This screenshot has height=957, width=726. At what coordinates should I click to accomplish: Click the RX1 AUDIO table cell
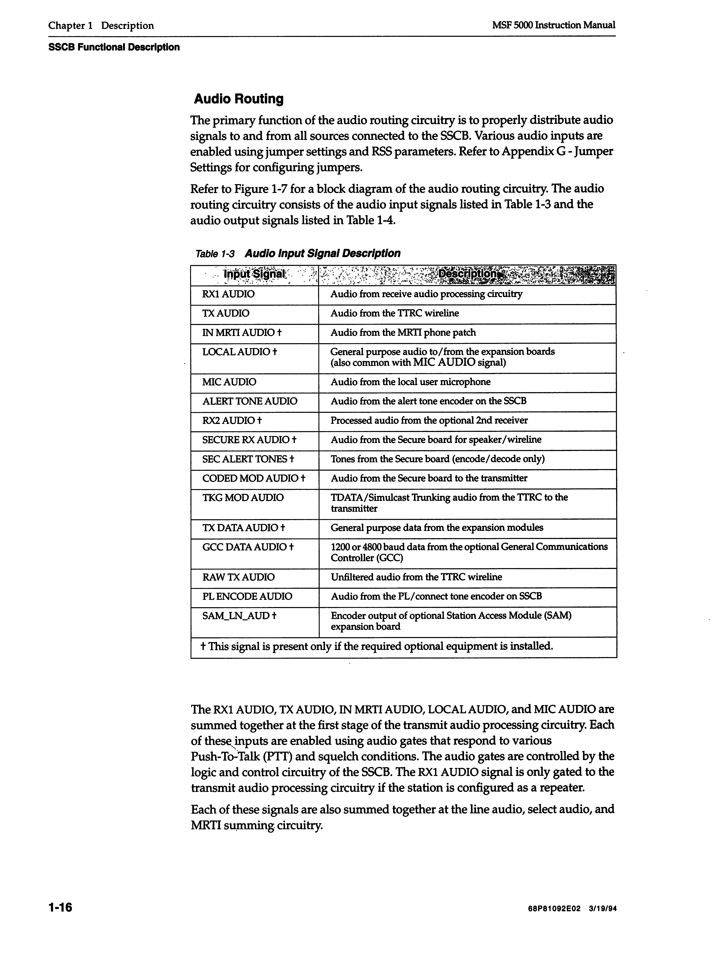[229, 294]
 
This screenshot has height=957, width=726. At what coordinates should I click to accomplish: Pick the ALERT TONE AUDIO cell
[250, 401]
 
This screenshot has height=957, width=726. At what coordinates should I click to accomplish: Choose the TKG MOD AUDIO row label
[243, 498]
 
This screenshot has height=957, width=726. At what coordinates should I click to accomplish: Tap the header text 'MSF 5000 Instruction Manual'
[553, 25]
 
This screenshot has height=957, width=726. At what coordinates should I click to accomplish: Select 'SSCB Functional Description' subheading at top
[114, 47]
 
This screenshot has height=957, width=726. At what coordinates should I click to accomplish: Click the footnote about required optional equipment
[377, 646]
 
